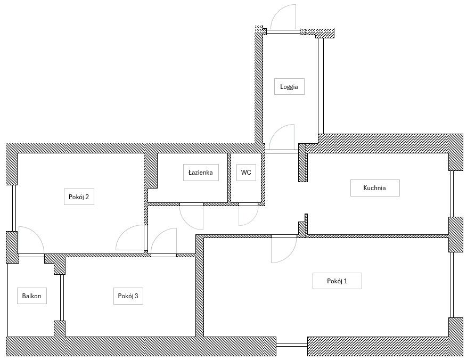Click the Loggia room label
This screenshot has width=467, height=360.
point(289,87)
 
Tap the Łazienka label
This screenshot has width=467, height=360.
point(201,173)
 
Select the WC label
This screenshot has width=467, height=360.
point(246,173)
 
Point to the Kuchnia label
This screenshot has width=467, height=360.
point(375,188)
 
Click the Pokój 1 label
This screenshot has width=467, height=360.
point(337,281)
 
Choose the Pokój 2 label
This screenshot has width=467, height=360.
point(79,197)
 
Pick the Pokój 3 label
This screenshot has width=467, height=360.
point(128,296)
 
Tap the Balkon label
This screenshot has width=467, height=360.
point(31,296)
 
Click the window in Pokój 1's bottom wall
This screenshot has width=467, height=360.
point(292,345)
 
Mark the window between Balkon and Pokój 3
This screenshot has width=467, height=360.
point(62,298)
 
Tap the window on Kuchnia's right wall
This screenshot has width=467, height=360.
point(452,194)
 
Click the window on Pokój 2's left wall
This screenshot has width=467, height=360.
point(14,208)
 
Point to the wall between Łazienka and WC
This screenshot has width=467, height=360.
point(230,178)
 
